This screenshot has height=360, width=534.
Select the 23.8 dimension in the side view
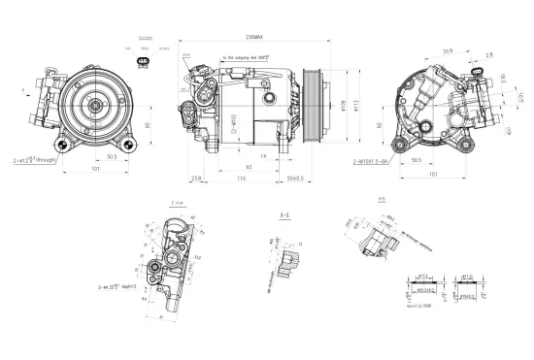coord(197,178)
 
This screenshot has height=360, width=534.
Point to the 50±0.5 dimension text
coord(296,178)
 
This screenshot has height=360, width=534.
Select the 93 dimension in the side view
coord(250,167)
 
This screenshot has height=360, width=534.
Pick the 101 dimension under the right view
coord(433,175)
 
